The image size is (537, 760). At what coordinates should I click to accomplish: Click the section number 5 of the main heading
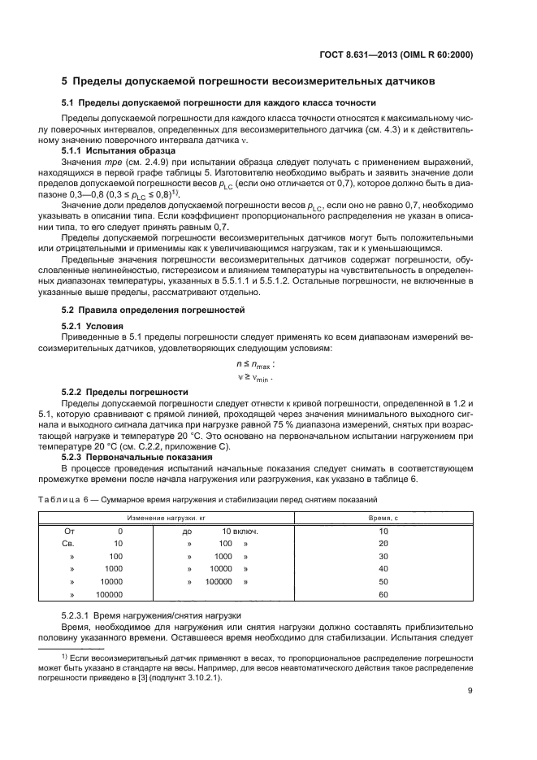pyautogui.click(x=65, y=81)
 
